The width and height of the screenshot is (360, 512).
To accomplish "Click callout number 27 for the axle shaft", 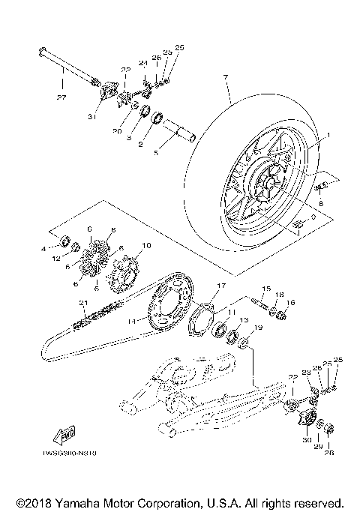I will [x=61, y=96].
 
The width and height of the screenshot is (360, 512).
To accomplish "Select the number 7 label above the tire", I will [x=224, y=77].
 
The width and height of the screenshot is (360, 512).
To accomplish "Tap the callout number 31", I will [x=92, y=115].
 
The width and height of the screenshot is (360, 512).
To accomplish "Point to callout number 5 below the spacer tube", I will [x=156, y=153].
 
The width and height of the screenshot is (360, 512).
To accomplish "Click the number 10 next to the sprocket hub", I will [x=146, y=245].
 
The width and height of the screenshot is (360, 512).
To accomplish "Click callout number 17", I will [x=220, y=286].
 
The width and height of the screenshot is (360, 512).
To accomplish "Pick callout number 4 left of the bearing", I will [x=45, y=247].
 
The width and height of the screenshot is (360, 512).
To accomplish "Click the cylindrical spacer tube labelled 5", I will [x=180, y=133].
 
